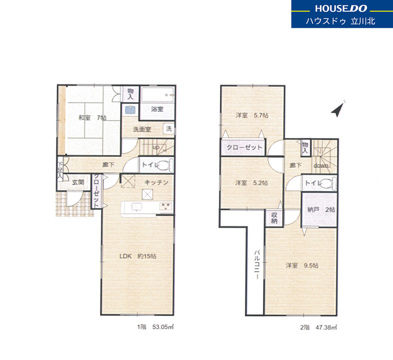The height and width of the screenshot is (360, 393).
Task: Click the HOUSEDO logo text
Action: (341, 8)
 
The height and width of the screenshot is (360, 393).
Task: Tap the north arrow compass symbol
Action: (338, 109)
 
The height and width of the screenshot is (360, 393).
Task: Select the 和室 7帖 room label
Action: (92, 117)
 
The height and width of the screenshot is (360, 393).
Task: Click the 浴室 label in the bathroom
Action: (157, 109)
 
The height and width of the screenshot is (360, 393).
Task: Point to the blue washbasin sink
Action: (130, 110)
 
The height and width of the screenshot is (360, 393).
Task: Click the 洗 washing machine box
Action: (169, 129)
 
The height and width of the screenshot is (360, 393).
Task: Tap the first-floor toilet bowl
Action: (164, 165)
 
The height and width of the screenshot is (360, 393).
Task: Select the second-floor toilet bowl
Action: (327, 183)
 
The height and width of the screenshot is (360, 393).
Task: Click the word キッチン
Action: (156, 182)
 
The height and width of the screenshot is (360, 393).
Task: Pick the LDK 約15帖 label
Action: (138, 256)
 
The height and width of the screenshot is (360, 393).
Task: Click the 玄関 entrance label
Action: (78, 182)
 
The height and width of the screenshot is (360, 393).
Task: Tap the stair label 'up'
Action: (156, 147)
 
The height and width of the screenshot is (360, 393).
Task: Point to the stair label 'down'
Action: (321, 166)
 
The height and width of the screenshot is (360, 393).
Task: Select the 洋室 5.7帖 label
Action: (252, 115)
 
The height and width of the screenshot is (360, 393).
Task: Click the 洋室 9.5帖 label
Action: (302, 265)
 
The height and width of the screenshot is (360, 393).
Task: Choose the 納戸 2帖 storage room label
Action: (321, 210)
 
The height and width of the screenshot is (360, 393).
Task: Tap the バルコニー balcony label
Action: (257, 264)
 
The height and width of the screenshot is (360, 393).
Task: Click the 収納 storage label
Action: (274, 218)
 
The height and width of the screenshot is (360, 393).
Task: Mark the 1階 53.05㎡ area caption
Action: (156, 327)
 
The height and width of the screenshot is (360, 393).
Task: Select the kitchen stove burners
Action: (166, 206)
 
